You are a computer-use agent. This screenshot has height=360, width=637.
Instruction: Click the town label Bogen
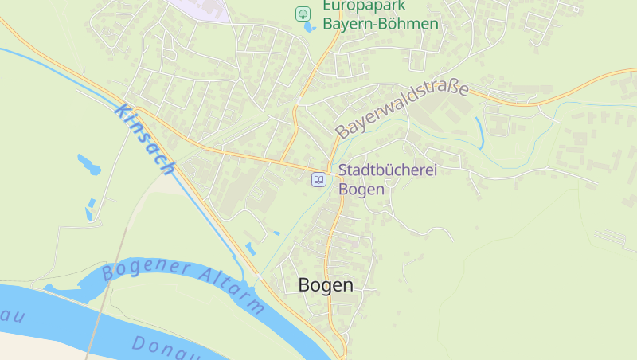tap(325, 285)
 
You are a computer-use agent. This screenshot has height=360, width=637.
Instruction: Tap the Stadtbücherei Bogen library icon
tap(318, 180)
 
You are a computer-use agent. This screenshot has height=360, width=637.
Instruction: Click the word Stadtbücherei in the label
tap(388, 170)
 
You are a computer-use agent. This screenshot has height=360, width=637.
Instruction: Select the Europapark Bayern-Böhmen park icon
tap(303, 14)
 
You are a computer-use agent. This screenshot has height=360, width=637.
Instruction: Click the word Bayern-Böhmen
tap(380, 24)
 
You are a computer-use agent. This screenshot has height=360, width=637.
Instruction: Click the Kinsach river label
tap(144, 139)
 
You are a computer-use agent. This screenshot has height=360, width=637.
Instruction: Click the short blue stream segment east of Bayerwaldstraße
tap(479, 131)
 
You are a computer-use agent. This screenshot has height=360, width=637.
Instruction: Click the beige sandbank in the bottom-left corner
tap(32, 346)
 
